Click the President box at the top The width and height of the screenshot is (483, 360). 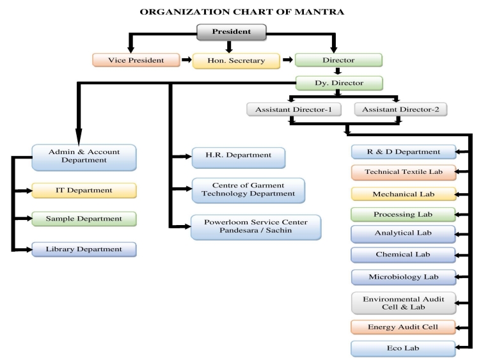(x=232, y=32)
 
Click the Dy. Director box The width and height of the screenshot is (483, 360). (x=339, y=82)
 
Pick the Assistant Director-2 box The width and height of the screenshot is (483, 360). (x=400, y=109)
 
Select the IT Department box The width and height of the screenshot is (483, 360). (x=84, y=190)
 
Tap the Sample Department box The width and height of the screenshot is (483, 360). (x=84, y=219)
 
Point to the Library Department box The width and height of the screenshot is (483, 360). (x=84, y=248)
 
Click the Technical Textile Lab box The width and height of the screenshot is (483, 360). (x=403, y=172)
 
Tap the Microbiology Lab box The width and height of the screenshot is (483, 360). (x=403, y=276)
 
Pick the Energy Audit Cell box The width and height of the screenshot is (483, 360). (x=403, y=328)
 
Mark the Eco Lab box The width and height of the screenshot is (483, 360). (x=403, y=349)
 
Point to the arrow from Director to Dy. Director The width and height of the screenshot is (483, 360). (x=339, y=72)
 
